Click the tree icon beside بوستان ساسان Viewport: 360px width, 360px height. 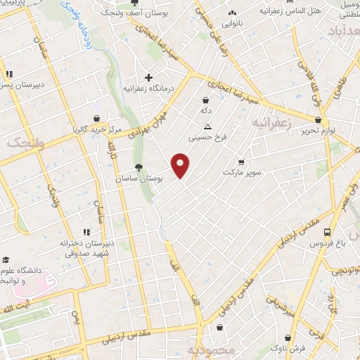pos(139,167)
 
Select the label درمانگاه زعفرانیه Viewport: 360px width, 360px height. pos(148,89)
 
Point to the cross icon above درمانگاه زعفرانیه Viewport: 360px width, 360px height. pos(148,77)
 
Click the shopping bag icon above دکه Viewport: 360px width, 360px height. pos(205,100)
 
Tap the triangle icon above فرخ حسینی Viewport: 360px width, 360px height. pos(207,127)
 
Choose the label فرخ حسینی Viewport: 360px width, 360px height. pos(210,138)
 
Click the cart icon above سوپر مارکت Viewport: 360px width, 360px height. pos(241,161)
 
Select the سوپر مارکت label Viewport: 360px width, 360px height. pos(242,172)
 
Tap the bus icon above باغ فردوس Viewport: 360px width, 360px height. pos(327,231)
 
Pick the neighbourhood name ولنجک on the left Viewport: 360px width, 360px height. pos(20,143)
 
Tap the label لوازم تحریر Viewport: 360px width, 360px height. pos(316,131)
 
